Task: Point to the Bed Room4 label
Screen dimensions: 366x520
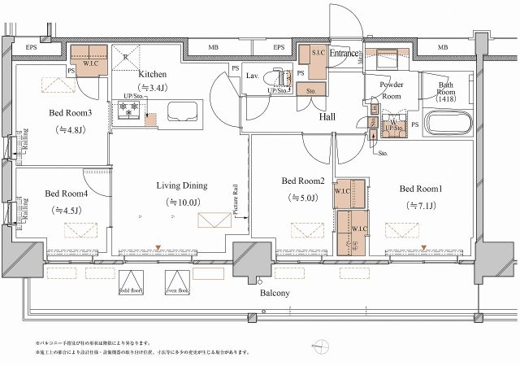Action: tap(66, 194)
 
